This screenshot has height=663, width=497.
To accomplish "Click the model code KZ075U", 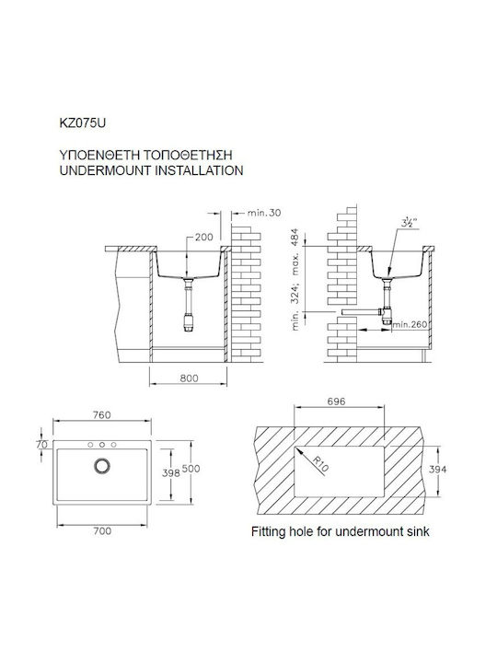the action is [x=83, y=123].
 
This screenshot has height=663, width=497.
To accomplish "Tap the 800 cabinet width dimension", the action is [x=189, y=378].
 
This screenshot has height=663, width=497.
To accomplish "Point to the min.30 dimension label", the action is [x=264, y=213].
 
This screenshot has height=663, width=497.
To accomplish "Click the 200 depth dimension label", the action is [x=204, y=238].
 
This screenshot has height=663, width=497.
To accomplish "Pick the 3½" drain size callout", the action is [x=410, y=221].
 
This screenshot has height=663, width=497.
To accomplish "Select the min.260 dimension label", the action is [x=410, y=324].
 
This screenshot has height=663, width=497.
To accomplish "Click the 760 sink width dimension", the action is [x=102, y=414].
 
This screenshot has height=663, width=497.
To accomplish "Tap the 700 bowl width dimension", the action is [x=102, y=530].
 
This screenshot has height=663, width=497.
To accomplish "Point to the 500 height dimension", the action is [x=191, y=469].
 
